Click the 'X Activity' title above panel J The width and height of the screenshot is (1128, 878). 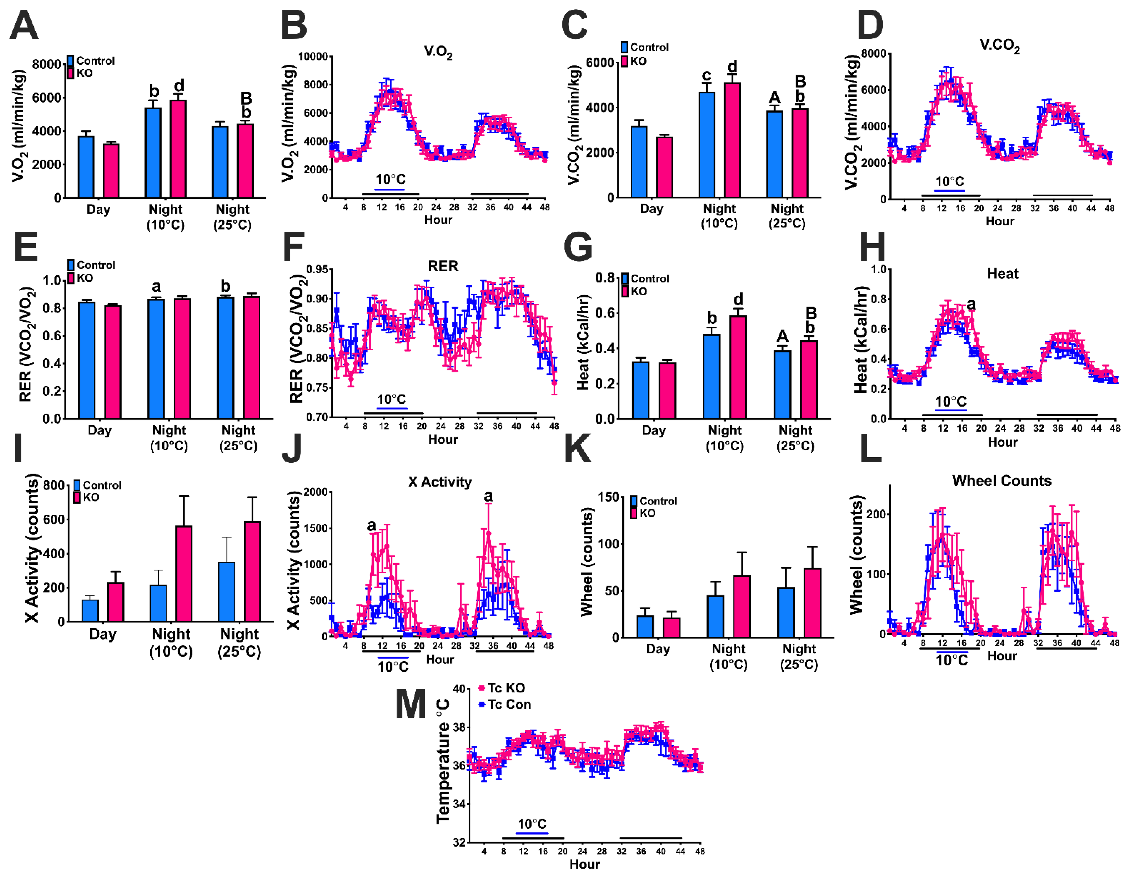[440, 482]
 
